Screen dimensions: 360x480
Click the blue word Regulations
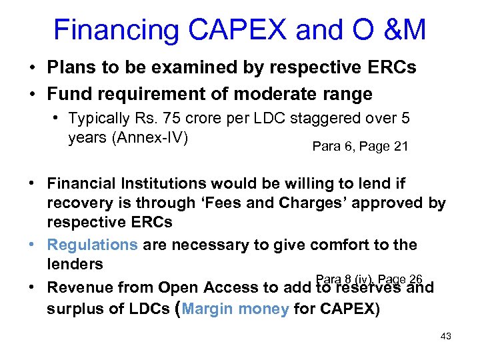pyautogui.click(x=92, y=245)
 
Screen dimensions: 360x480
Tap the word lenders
pyautogui.click(x=75, y=264)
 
